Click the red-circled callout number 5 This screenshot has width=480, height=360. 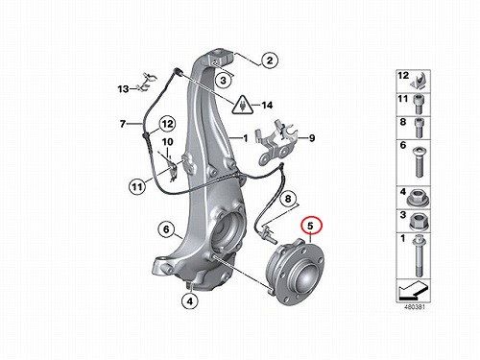click(x=311, y=226)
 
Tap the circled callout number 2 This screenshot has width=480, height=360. click(x=270, y=60)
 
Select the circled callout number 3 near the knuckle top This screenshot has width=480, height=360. click(x=223, y=80)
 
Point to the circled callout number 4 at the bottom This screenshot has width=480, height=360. click(x=190, y=300)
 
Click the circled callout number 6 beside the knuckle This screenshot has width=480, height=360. click(x=166, y=229)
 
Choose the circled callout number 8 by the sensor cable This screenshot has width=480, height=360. click(x=288, y=199)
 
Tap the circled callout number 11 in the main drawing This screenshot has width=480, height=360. click(x=137, y=186)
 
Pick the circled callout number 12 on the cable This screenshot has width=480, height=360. click(x=168, y=124)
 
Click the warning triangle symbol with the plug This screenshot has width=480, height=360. click(x=242, y=105)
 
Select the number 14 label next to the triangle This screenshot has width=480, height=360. click(x=267, y=105)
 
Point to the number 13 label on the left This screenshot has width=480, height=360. click(x=123, y=88)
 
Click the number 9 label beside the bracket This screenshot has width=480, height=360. click(x=311, y=138)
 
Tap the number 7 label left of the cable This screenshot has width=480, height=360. click(x=123, y=124)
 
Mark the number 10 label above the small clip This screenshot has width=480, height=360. click(x=167, y=141)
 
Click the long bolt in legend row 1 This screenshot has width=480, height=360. click(x=418, y=256)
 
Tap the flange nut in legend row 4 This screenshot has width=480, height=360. click(x=419, y=198)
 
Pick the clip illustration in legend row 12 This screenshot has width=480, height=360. click(x=419, y=82)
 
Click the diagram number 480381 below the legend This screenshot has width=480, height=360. click(x=415, y=306)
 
